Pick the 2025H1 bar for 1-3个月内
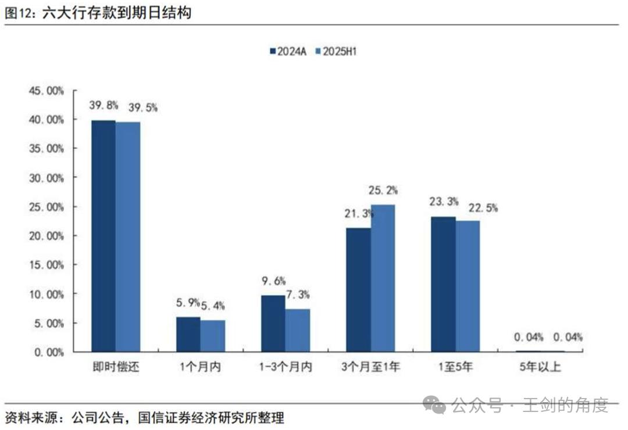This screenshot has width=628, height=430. pos(298,331)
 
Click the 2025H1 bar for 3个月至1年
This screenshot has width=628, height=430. pos(383,278)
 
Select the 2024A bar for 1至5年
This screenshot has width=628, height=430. pos(443,284)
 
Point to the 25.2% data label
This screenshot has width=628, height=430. pos(383,191)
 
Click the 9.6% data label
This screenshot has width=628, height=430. pos(273,281)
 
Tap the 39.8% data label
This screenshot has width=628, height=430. pos(104,106)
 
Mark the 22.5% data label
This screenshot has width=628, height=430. pos(469,207)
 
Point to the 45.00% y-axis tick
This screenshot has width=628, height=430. pos(46,91)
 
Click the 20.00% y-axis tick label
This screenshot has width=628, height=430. pos(46,236)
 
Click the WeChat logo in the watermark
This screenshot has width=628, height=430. pos(434,405)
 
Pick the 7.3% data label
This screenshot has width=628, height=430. pos(299,295)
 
